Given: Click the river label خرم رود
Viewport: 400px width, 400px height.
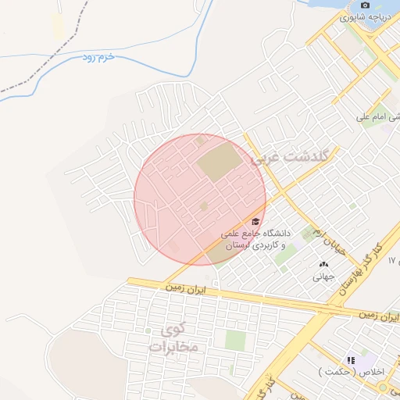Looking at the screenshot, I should coord(100,59).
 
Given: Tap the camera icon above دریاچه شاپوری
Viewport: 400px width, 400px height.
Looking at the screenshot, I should coord(366,5).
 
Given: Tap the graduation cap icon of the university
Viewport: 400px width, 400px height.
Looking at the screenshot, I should coord(255,222).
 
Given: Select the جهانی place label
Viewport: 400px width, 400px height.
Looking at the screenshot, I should coord(323,276).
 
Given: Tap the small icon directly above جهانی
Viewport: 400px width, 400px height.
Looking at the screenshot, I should coord(323,264).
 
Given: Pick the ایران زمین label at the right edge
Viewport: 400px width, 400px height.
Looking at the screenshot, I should coord(379,314).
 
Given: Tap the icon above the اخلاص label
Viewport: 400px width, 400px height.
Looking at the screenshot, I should coord(351,360).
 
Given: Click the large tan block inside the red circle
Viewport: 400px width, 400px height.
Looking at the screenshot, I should coord(220,162).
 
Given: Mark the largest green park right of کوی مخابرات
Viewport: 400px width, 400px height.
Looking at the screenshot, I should coord(235,340).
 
